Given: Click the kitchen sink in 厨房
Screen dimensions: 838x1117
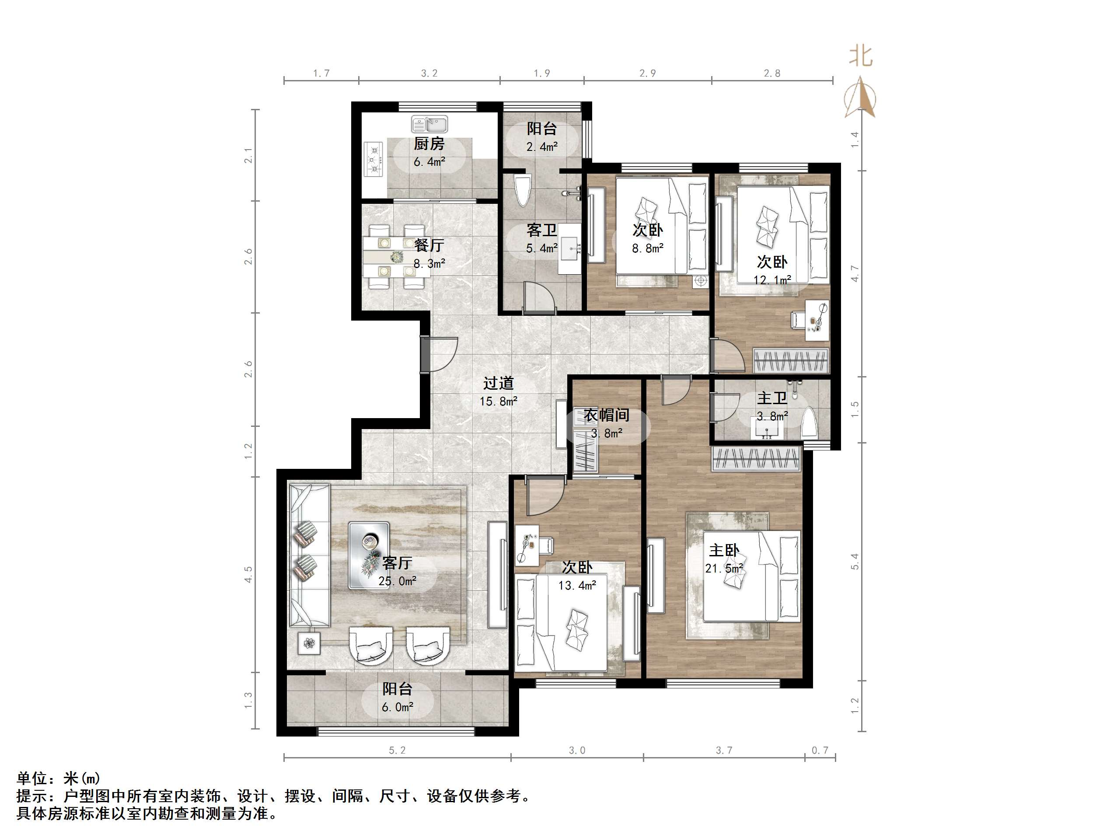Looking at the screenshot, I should pos(430,124).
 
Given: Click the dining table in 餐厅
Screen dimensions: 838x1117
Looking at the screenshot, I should pos(396,258).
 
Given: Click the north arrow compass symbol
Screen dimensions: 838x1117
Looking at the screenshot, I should pos(860,98).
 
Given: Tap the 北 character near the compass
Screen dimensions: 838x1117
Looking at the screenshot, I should pos(860,56).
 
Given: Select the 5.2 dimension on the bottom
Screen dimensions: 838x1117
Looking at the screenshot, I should pos(397,751).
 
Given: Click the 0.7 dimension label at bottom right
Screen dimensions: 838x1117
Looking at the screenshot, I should pos(820,751).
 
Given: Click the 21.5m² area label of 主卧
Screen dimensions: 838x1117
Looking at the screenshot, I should pos(724,569).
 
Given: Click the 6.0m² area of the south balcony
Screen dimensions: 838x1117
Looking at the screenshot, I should pos(397,707).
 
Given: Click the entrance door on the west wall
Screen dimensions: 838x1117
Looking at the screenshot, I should pos(438,353).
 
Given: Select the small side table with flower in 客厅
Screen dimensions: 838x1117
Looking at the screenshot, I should pos(309,643).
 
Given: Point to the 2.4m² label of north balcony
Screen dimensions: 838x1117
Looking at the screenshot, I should pos(542,147).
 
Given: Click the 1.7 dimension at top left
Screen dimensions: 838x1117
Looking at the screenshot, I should pos(321,73).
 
